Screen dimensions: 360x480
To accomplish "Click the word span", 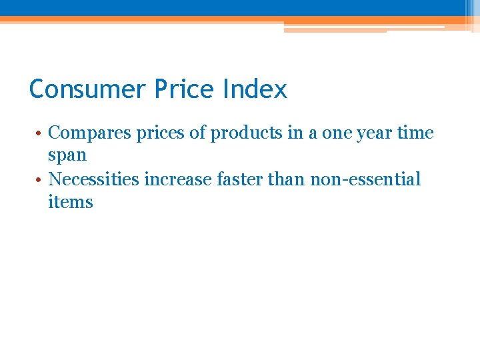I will [x=67, y=156].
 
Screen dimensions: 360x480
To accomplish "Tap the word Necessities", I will [x=97, y=179].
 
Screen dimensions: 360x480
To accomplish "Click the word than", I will [x=289, y=179].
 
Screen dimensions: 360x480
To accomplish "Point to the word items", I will [x=71, y=202].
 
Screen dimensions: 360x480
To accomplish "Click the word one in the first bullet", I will [x=337, y=133].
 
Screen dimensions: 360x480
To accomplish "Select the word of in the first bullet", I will [x=197, y=133].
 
